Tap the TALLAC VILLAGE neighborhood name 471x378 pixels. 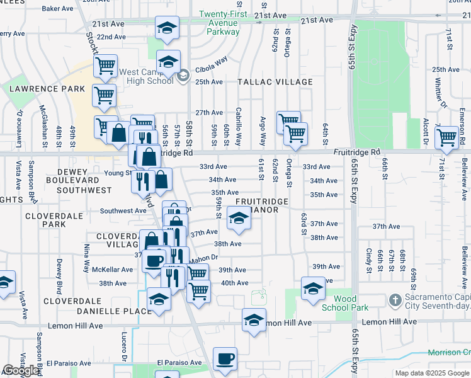click(275, 83)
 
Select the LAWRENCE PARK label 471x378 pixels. click(47, 89)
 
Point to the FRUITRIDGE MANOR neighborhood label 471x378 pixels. click(261, 205)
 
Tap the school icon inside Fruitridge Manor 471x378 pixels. click(238, 220)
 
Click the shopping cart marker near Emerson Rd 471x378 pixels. click(446, 137)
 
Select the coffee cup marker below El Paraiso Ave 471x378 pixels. click(225, 359)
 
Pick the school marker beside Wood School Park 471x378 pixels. click(313, 289)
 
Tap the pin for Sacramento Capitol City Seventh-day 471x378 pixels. click(395, 299)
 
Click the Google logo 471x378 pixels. click(21, 370)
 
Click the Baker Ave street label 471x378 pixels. click(58, 9)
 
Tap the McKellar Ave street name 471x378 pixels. click(113, 270)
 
